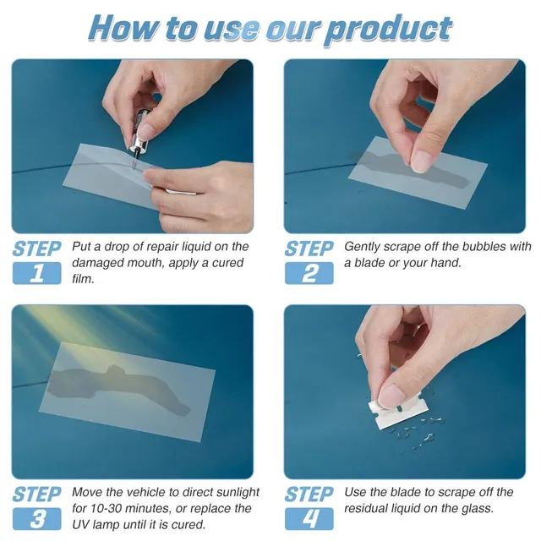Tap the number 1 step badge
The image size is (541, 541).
(x=36, y=273)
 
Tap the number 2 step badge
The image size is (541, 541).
(x=309, y=273)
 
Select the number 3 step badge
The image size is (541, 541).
(x=36, y=517)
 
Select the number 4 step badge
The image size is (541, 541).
(x=309, y=517)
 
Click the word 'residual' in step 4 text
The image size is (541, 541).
(x=368, y=509)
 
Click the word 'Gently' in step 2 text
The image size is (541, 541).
(x=364, y=247)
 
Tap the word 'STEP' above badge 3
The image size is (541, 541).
(x=36, y=494)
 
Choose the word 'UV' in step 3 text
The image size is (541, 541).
(x=84, y=525)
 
